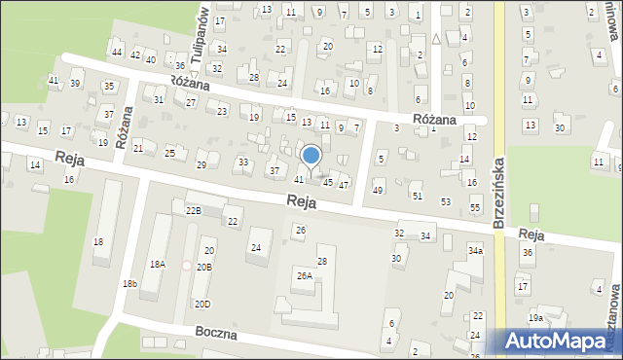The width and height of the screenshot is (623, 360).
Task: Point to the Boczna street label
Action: coord(216,333)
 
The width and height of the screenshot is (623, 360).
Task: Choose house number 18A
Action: coord(157,265)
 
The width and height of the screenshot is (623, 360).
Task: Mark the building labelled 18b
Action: coord(129,283)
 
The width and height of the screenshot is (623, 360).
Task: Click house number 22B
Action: coord(193,210)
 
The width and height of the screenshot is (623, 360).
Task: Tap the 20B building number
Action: coord(203,267)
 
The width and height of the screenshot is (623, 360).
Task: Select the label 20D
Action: coord(201,304)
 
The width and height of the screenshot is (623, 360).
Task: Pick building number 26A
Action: coord(305,276)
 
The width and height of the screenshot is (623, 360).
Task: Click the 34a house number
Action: coord(475,251)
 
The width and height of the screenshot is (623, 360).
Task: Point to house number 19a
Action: coord(536,318)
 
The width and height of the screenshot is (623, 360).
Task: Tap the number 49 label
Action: coord(378,189)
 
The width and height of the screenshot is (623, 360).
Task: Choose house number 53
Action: coord(446,201)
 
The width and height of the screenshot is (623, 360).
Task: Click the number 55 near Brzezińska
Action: coord(475,208)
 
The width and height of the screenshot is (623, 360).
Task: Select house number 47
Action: coord(344,185)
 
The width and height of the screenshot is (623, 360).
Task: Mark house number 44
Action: coord(117,52)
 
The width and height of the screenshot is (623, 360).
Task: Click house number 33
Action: coord(242,162)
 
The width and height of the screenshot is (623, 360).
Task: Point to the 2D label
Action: coord(477,316)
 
